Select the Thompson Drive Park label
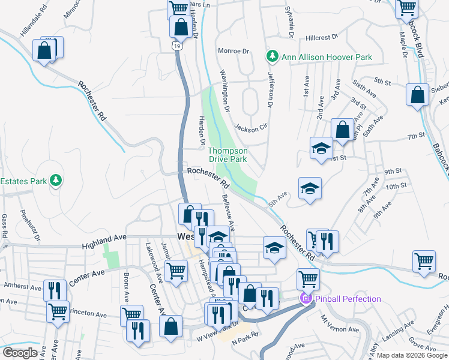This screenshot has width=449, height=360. pos(228,155)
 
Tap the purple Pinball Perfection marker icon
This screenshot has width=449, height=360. pos(306,298)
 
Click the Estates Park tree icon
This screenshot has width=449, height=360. pos(56,180)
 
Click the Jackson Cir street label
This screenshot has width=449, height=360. pos(250,128)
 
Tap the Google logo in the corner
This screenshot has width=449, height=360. pos(20,353)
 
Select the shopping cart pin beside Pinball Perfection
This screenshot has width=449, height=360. pos(307,279)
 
